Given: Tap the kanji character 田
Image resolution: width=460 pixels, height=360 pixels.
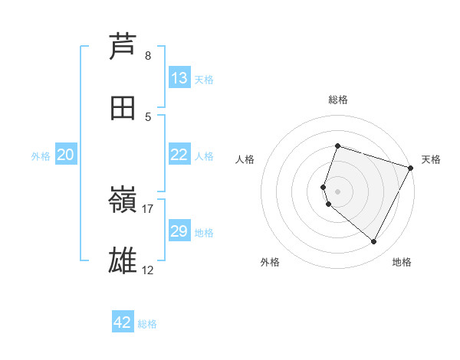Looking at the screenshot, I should pos(123,108).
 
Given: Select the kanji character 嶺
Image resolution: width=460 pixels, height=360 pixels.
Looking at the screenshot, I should pos(123,202).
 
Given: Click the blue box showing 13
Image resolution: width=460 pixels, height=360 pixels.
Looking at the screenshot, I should pos(179,78).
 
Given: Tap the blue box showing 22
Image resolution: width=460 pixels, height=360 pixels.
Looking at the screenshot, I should pos(179,155).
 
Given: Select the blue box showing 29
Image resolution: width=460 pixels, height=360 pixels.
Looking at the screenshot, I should pos(179,231).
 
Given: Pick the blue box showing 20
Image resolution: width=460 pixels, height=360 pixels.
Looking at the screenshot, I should pos(66,155).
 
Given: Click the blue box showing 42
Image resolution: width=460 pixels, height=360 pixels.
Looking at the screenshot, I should pos(123,322).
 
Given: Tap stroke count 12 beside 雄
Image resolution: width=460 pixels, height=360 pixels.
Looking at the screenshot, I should pos(148,270).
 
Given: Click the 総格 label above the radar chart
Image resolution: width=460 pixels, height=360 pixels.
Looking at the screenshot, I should pos(337,100).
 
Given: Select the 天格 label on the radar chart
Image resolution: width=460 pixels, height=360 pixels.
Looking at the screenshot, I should pos(431,159).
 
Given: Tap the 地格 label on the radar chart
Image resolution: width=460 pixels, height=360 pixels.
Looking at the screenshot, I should pos(402,262).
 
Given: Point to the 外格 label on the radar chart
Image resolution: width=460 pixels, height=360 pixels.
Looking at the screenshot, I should pos(270,262).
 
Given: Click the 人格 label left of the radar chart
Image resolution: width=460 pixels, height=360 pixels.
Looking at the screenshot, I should pos(245,159).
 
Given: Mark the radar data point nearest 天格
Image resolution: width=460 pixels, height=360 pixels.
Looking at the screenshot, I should pos(411,168).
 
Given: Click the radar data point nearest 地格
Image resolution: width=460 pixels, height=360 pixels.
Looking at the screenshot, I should pos(374,242).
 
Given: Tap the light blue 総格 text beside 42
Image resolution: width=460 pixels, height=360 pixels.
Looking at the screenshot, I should pos(147,324).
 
